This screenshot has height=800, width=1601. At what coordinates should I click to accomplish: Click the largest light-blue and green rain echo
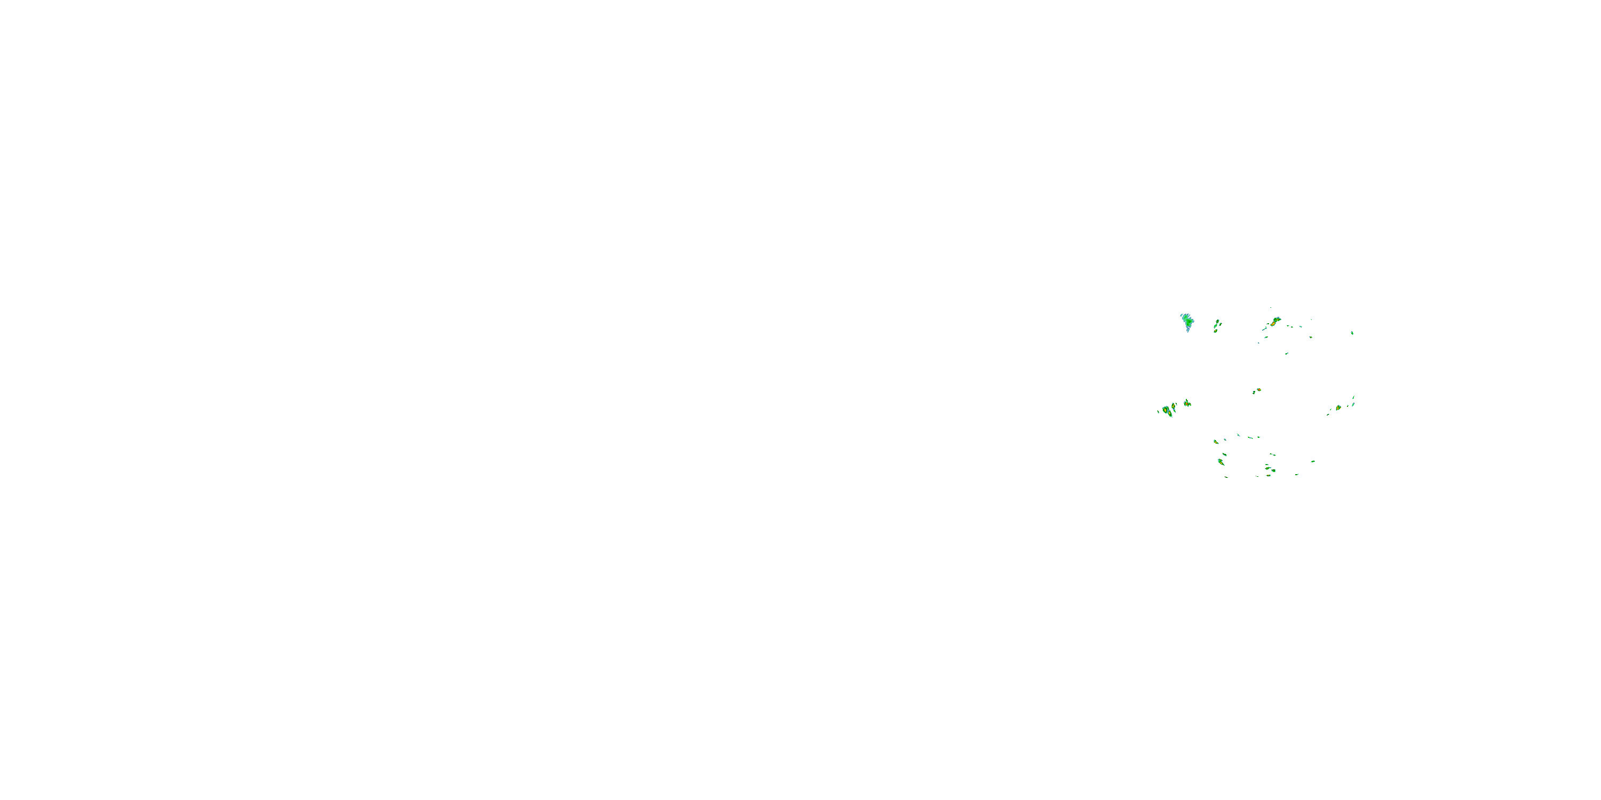(1189, 322)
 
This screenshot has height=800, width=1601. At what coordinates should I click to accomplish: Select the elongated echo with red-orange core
(1273, 324)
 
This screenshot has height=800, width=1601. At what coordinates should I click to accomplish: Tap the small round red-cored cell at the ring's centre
(1259, 390)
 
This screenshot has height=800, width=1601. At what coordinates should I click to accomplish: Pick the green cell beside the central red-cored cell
(1254, 393)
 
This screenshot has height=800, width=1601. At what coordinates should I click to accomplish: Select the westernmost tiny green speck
(1159, 412)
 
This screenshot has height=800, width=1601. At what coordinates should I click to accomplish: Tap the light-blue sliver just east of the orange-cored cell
(1353, 405)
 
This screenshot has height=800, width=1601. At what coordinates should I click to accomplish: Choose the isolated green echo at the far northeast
(1352, 333)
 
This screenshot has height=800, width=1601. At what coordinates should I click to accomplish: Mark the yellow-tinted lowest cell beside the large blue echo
(1216, 331)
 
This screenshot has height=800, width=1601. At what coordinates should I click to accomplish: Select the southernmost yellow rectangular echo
(1269, 476)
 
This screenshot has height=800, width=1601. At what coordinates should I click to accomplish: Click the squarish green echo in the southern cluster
(1273, 471)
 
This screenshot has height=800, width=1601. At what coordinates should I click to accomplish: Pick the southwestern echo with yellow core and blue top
(1220, 462)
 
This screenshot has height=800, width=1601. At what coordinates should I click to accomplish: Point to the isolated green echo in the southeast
(1313, 461)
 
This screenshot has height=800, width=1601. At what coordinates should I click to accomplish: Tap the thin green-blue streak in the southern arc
(1250, 438)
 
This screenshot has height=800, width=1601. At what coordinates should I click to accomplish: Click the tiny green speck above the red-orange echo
(1271, 307)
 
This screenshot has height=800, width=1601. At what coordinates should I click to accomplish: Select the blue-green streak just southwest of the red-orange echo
(1265, 329)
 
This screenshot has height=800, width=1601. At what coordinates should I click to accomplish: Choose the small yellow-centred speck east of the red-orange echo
(1311, 337)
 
